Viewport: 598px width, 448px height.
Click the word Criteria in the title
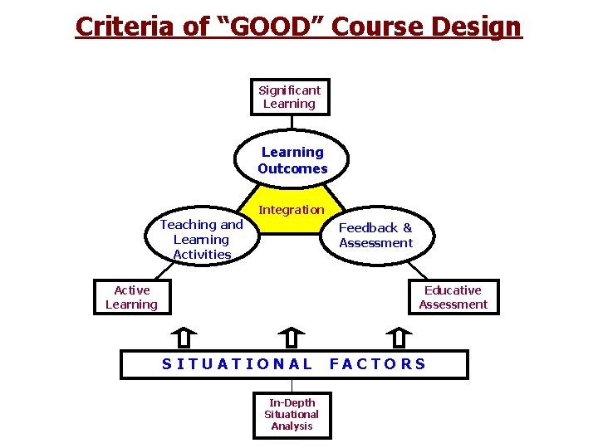[124, 27]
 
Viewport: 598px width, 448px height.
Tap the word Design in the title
[478, 27]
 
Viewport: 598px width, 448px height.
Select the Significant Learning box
[290, 97]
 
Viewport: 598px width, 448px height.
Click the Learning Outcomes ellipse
[292, 160]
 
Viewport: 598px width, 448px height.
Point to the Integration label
[292, 210]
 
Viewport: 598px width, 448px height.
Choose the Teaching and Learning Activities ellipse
[202, 239]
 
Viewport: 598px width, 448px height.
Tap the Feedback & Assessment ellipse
[375, 236]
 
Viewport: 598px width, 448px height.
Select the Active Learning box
[133, 297]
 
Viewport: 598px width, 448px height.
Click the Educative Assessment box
[453, 297]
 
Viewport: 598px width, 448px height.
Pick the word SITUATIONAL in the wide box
[238, 364]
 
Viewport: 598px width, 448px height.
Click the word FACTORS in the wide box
[378, 364]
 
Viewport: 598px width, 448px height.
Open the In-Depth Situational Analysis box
[292, 414]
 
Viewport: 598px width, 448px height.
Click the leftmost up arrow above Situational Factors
[184, 338]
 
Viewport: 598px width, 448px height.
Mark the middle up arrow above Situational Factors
[292, 338]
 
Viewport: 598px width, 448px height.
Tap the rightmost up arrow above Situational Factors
[399, 338]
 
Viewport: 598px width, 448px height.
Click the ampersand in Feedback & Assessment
[407, 228]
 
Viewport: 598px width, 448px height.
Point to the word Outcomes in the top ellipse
[292, 169]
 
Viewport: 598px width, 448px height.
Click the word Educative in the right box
[453, 290]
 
